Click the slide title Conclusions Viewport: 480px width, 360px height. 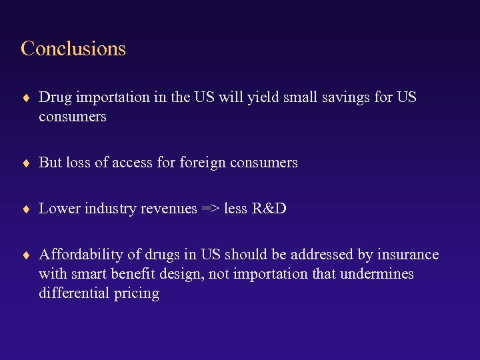(x=73, y=49)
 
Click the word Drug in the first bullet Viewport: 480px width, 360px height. (x=55, y=97)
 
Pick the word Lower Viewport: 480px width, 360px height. (x=57, y=209)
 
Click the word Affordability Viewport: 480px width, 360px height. (x=77, y=255)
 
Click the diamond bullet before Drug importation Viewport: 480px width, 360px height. (x=26, y=98)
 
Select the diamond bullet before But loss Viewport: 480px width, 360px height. (x=26, y=163)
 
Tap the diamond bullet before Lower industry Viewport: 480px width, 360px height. (x=26, y=209)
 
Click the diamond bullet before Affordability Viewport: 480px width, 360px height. (x=26, y=255)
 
